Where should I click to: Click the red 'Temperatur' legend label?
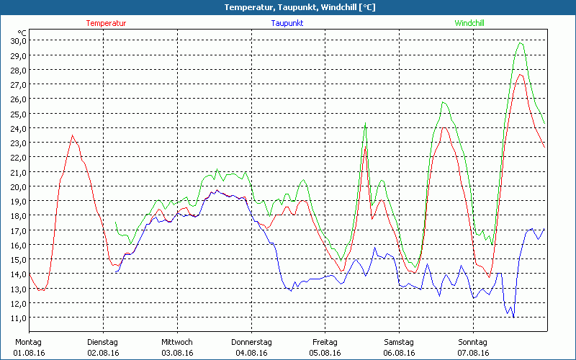[x=106, y=23]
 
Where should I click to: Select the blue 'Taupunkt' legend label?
[x=287, y=23]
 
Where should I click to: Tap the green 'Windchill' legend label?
[x=469, y=23]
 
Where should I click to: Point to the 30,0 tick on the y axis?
[x=18, y=40]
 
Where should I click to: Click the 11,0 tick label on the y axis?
[x=18, y=318]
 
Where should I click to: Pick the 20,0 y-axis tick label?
[x=18, y=186]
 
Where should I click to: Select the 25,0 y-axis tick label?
[x=18, y=114]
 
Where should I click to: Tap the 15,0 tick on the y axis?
[x=18, y=259]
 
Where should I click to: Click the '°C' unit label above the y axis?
[x=22, y=33]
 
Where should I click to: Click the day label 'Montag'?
[x=28, y=342]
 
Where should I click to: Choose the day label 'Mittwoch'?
[x=177, y=342]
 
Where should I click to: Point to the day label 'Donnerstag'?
[x=251, y=342]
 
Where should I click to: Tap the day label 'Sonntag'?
[x=473, y=342]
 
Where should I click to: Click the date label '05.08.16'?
[x=325, y=353]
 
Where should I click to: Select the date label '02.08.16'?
[x=103, y=353]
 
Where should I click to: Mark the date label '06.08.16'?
[x=399, y=353]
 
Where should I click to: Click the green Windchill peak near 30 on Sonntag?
[x=520, y=42]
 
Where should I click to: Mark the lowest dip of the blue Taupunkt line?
[x=513, y=317]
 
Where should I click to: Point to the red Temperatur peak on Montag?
[x=72, y=135]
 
